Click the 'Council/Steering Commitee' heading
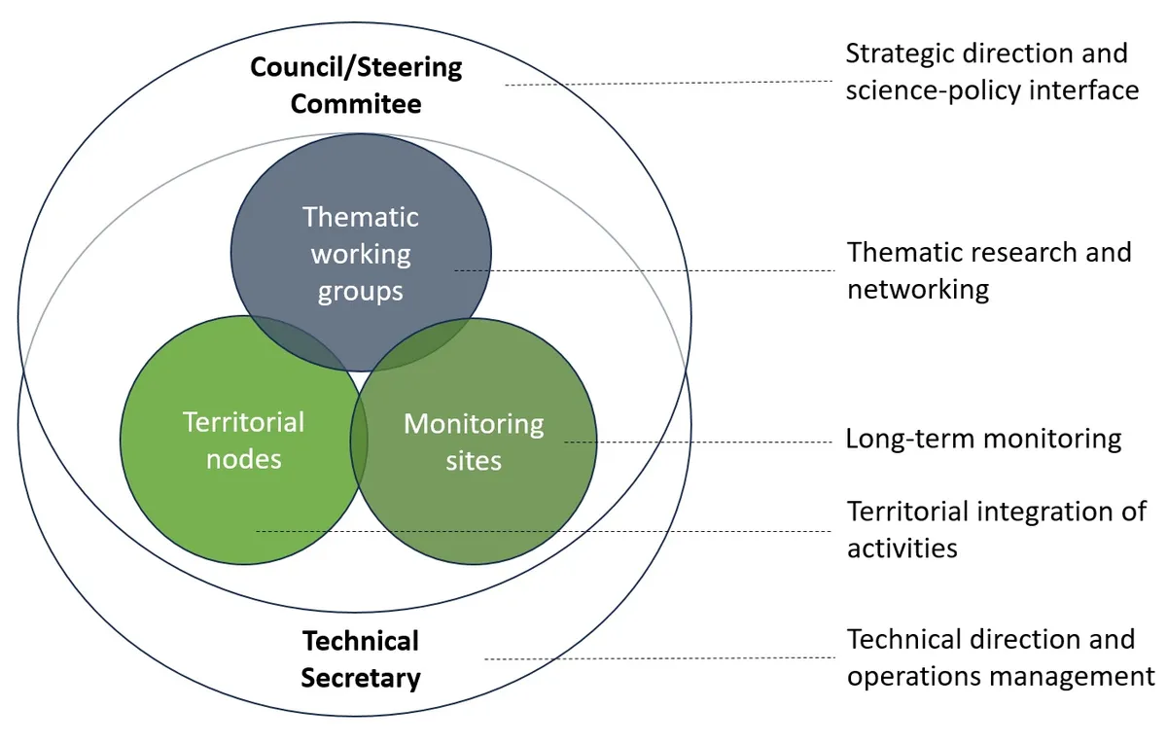pyautogui.click(x=356, y=86)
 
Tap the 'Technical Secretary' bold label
pyautogui.click(x=360, y=658)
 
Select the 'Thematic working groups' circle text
pyautogui.click(x=360, y=253)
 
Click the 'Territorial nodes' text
pyautogui.click(x=243, y=440)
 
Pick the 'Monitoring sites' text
pyautogui.click(x=474, y=442)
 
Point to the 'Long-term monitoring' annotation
pyautogui.click(x=983, y=439)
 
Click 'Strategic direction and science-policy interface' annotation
pyautogui.click(x=991, y=71)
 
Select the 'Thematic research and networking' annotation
pyautogui.click(x=988, y=270)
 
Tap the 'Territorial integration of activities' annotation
pyautogui.click(x=996, y=529)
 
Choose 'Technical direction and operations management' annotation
pyautogui.click(x=1000, y=657)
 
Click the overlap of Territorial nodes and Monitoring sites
pyautogui.click(x=359, y=442)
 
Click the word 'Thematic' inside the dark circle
pyautogui.click(x=360, y=216)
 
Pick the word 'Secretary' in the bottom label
pyautogui.click(x=360, y=677)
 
